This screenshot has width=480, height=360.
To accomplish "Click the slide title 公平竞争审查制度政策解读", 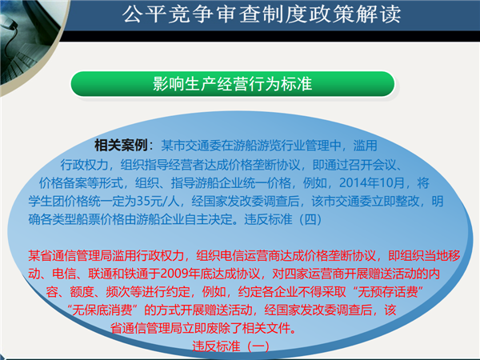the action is pos(262,14).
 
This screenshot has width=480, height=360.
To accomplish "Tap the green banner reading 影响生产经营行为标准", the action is pos(233,83).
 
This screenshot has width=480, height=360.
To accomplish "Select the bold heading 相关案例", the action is pos(122,145).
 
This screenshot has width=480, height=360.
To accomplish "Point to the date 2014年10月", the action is pos(372,183).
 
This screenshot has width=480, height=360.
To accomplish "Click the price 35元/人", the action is pos(158,201).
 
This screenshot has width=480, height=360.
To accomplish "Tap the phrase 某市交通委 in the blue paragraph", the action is pos(191,146).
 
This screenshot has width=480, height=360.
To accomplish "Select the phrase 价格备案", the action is pos(62,183).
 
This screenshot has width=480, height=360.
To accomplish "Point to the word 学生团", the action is pos(46,201).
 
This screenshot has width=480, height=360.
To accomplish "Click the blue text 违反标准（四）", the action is pos(283,219).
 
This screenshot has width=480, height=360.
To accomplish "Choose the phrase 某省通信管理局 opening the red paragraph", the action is pos(70,255).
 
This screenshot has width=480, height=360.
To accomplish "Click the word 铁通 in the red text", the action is pos(136,274).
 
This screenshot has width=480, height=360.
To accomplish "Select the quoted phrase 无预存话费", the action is pos(387,291).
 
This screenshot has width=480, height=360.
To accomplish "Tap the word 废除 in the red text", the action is pos(218,328).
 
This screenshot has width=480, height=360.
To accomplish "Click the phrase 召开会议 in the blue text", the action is pos(372,165).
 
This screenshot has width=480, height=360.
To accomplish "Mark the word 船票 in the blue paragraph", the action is pos(88,219).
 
